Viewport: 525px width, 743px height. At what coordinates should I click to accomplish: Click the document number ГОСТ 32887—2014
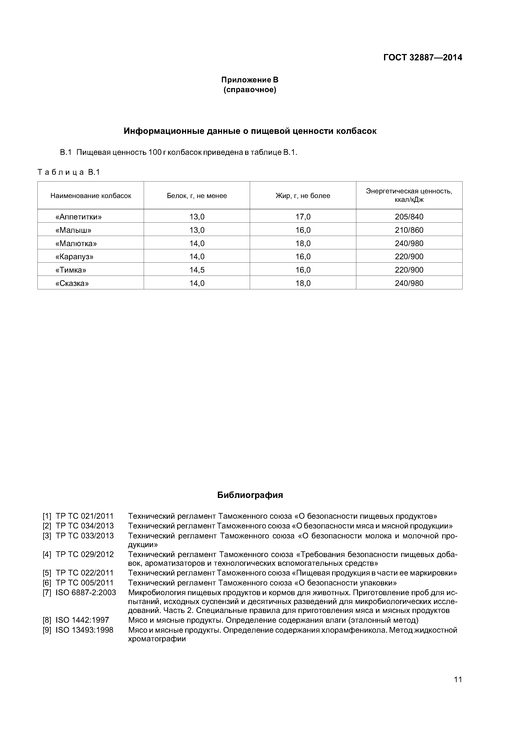423,58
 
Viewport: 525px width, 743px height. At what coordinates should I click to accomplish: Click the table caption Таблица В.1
69,172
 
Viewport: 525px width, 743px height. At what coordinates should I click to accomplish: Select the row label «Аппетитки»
79,217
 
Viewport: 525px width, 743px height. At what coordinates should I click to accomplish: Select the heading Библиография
250,495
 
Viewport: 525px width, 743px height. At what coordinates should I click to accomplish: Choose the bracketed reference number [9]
47,630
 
